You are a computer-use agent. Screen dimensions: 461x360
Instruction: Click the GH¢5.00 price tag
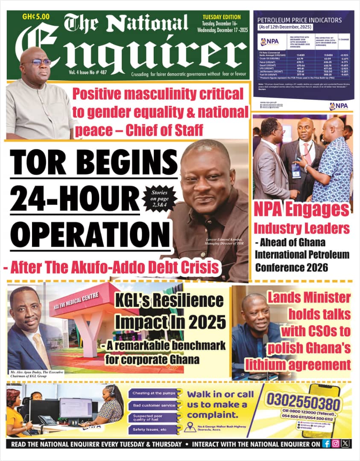tap(36, 17)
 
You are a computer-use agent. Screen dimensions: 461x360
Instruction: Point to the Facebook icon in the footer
tap(326, 443)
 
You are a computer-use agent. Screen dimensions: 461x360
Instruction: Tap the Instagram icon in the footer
tap(336, 443)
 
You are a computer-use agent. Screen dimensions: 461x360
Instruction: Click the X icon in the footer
tap(345, 443)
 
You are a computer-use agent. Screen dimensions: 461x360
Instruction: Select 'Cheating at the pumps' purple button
tap(153, 393)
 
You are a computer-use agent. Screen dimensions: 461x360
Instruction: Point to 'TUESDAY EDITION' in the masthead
tap(222, 17)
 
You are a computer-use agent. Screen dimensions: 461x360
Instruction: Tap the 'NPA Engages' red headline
tap(301, 210)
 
